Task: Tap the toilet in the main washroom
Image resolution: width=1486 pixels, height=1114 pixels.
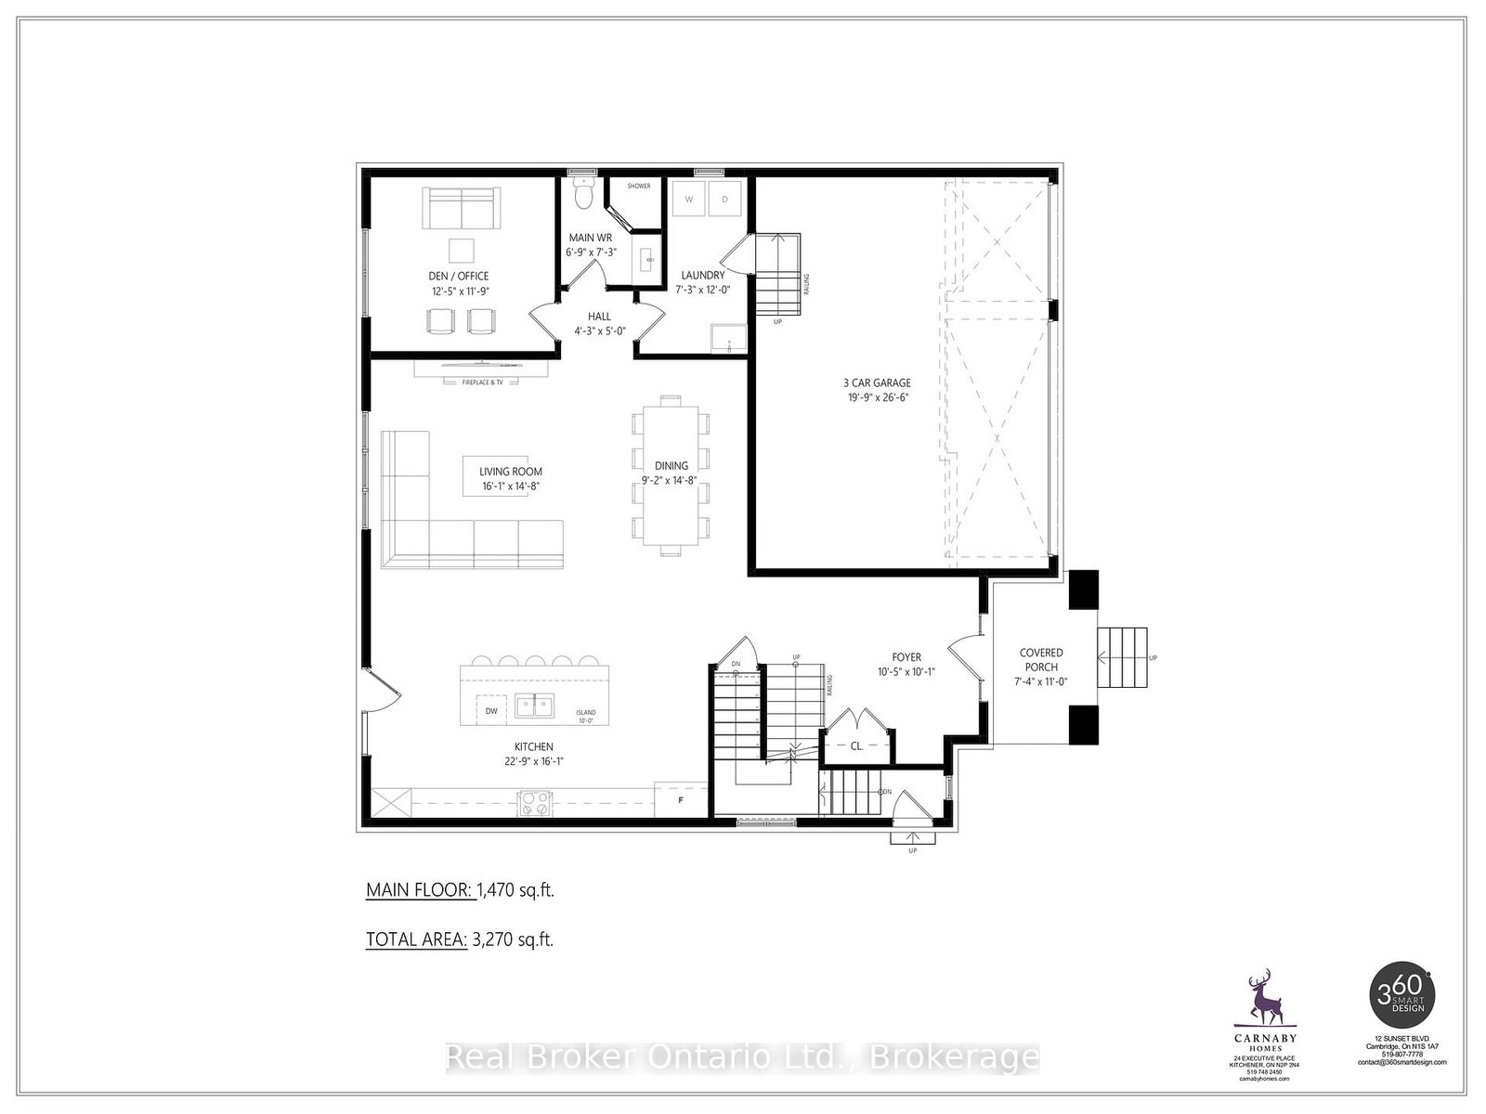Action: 582,196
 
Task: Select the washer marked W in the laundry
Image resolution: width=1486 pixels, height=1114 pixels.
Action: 689,200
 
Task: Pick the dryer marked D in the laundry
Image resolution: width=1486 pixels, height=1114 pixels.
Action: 724,200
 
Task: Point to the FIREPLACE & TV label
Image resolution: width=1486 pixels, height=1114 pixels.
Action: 482,382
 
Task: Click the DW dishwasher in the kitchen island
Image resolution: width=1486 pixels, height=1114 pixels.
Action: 491,711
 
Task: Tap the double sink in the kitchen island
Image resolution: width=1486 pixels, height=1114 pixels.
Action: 535,706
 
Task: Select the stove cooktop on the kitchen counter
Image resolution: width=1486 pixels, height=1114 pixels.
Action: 534,801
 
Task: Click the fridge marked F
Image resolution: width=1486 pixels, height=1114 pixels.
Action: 681,799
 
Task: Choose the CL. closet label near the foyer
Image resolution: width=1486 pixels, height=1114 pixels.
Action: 856,745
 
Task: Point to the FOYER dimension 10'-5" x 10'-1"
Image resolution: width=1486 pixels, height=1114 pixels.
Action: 906,672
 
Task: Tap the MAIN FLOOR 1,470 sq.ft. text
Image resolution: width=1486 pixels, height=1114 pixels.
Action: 460,890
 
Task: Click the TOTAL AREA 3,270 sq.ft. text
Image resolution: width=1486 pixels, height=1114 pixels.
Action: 460,939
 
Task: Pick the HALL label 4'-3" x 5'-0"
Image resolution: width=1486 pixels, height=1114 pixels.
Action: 599,323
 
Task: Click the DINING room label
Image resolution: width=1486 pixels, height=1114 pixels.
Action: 671,466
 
